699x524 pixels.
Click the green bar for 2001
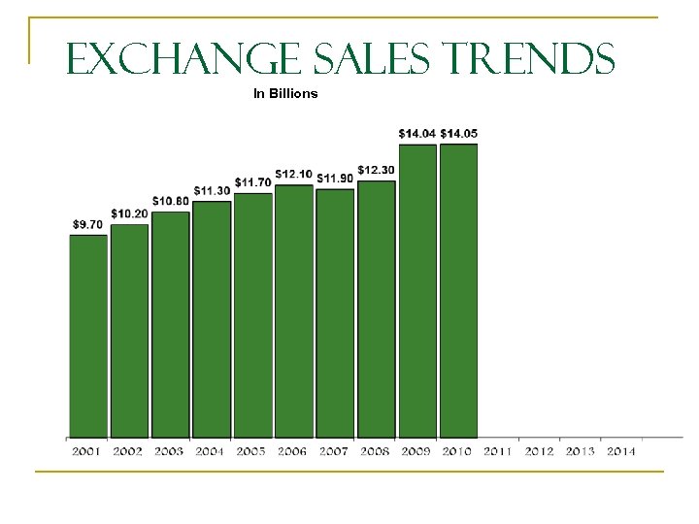87,335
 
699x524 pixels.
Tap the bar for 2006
294,311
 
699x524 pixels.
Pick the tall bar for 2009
417,290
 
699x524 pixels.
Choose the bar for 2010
458,290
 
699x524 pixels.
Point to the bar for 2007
335,312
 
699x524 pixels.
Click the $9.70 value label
87,224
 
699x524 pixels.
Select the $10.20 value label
129,213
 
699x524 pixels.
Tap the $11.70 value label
252,181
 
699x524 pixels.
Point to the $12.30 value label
376,170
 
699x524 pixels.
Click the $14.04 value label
416,133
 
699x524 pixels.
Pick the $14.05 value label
459,133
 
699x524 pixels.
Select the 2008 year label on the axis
376,451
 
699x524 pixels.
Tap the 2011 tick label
499,451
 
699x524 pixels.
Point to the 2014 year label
620,451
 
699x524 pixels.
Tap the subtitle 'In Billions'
285,94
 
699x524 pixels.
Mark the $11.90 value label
335,178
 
